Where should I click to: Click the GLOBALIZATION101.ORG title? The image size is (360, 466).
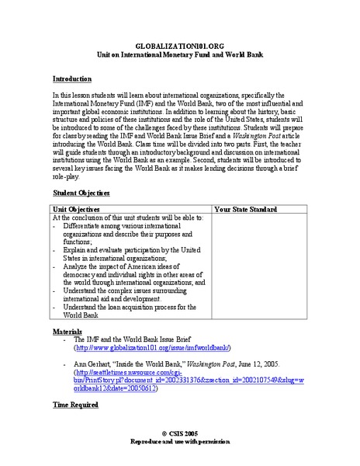(x=179, y=47)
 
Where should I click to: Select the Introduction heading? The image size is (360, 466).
(x=72, y=79)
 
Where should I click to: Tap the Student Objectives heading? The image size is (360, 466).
(x=81, y=193)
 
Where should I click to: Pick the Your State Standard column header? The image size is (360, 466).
(x=246, y=209)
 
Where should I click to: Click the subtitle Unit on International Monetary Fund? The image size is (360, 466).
(x=179, y=55)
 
